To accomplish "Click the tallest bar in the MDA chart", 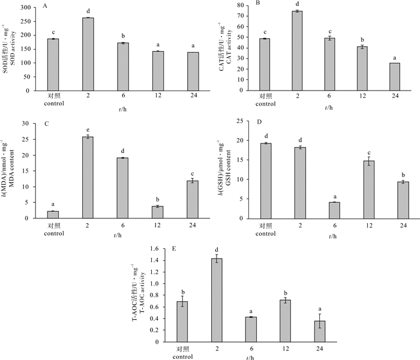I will pyautogui.click(x=88, y=178).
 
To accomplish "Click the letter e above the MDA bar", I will pyautogui.click(x=88, y=130).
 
